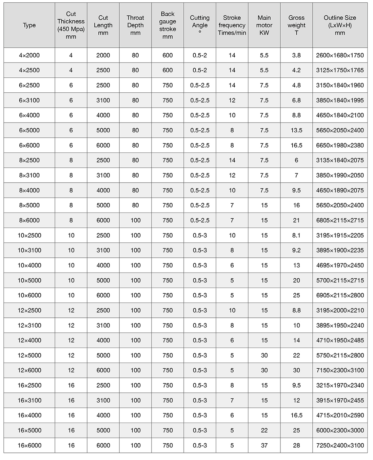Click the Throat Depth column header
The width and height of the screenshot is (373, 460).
pyautogui.click(x=135, y=25)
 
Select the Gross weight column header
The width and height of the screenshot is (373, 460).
pyautogui.click(x=296, y=25)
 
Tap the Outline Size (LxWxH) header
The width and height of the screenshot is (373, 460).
pyautogui.click(x=340, y=25)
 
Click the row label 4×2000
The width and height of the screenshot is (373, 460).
pyautogui.click(x=29, y=55)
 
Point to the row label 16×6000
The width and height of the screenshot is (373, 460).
pyautogui.click(x=29, y=445)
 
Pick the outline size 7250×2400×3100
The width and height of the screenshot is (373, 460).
pyautogui.click(x=340, y=445)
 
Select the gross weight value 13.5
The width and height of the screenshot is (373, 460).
pyautogui.click(x=296, y=130)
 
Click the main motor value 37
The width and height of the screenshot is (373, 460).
pyautogui.click(x=264, y=445)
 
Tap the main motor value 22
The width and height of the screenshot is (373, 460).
pyautogui.click(x=264, y=430)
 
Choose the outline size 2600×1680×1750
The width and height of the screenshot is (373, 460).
pyautogui.click(x=340, y=55)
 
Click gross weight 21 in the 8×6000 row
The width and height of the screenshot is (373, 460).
pyautogui.click(x=296, y=220)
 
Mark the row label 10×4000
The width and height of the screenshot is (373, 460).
pyautogui.click(x=29, y=265)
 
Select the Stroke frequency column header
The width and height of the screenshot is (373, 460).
pyautogui.click(x=232, y=25)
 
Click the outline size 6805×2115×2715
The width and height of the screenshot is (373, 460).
pyautogui.click(x=340, y=220)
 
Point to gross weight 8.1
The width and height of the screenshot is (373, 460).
pyautogui.click(x=296, y=235)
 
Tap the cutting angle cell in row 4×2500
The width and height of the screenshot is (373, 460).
pyautogui.click(x=200, y=70)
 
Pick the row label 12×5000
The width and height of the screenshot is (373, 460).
pyautogui.click(x=29, y=355)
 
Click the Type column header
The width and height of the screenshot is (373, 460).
pyautogui.click(x=29, y=25)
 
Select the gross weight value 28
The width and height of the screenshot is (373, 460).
pyautogui.click(x=296, y=445)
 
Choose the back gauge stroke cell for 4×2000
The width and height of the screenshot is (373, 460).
pyautogui.click(x=168, y=55)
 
